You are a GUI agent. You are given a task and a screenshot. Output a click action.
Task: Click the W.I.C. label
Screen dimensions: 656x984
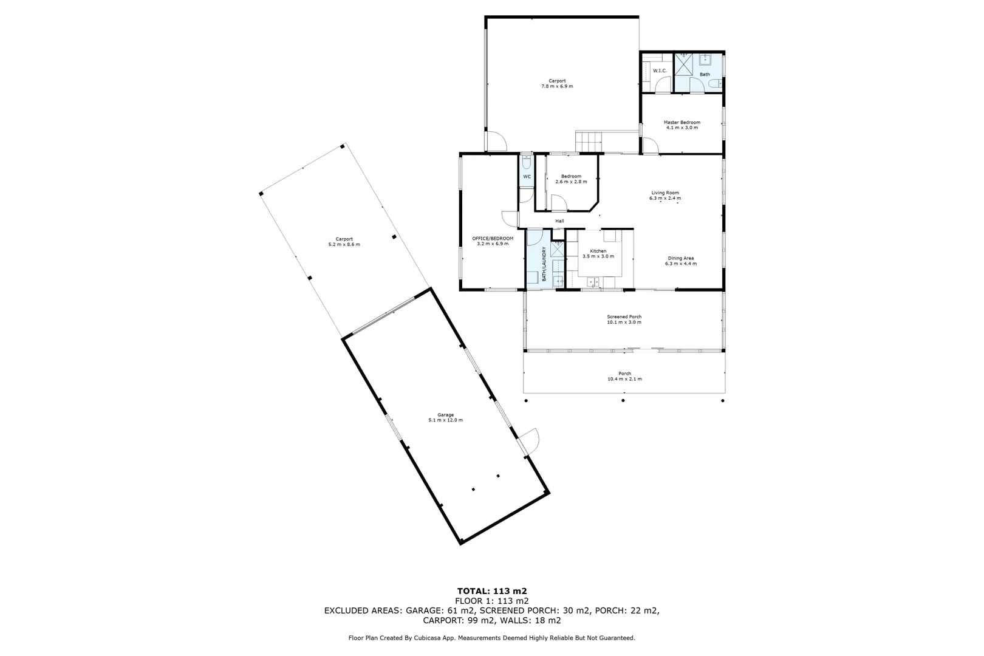pos(660,71)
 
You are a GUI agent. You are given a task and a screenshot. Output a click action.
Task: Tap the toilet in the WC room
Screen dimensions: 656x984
pos(527,162)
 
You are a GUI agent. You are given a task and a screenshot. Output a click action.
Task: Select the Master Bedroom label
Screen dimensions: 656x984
pos(682,123)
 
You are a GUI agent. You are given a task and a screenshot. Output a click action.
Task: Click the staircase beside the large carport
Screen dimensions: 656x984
pos(590,142)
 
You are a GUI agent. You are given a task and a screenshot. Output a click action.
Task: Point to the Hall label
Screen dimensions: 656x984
pos(559,221)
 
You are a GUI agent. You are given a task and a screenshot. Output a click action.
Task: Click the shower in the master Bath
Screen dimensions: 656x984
pos(685,63)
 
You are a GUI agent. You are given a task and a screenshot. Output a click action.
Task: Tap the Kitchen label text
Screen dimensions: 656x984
pos(598,251)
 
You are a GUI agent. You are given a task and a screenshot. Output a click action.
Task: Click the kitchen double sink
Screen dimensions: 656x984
pos(593,281)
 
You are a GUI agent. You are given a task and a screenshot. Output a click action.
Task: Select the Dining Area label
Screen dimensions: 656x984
pos(680,258)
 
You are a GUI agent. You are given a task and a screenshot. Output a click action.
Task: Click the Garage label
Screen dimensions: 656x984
pos(445,415)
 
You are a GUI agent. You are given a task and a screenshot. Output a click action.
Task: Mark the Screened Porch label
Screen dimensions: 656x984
pos(624,316)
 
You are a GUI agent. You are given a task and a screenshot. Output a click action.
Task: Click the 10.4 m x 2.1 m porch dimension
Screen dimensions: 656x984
pos(624,379)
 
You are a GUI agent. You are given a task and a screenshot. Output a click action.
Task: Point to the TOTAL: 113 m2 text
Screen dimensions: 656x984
pos(491,590)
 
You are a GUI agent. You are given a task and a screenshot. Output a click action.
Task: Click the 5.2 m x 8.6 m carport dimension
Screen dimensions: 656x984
pos(344,245)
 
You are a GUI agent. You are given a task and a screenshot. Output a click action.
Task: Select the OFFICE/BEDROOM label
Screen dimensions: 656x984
pos(493,238)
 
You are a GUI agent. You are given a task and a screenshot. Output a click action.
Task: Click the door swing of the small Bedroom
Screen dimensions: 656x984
pos(558,203)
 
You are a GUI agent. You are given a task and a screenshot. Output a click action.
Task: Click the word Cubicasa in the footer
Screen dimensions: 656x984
pos(428,638)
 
